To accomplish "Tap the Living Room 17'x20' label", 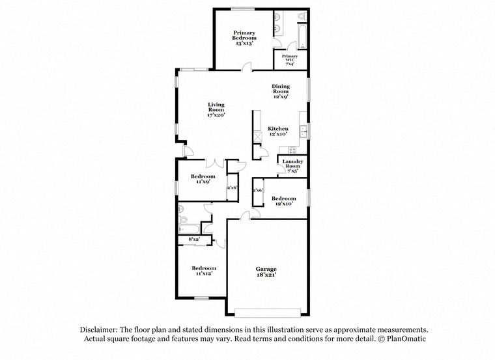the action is (216, 110).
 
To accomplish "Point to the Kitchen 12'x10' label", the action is (278, 131).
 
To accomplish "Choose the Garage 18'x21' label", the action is (266, 271).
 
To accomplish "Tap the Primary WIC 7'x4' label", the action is (290, 60).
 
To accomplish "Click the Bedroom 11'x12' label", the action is (204, 271).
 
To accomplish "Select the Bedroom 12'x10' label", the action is (284, 201).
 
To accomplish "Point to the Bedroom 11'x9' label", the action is (203, 179).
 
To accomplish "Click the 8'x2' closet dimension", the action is (194, 240).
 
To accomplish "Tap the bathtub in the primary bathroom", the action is (302, 36).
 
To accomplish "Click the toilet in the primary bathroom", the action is (302, 16).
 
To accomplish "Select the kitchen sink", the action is (304, 132).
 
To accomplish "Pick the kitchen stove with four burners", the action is (292, 150).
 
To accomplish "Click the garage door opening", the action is (268, 312).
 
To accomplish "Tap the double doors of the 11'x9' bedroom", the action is (215, 163).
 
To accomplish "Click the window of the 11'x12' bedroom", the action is (201, 298).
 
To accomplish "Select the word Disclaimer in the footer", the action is (99, 329).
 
